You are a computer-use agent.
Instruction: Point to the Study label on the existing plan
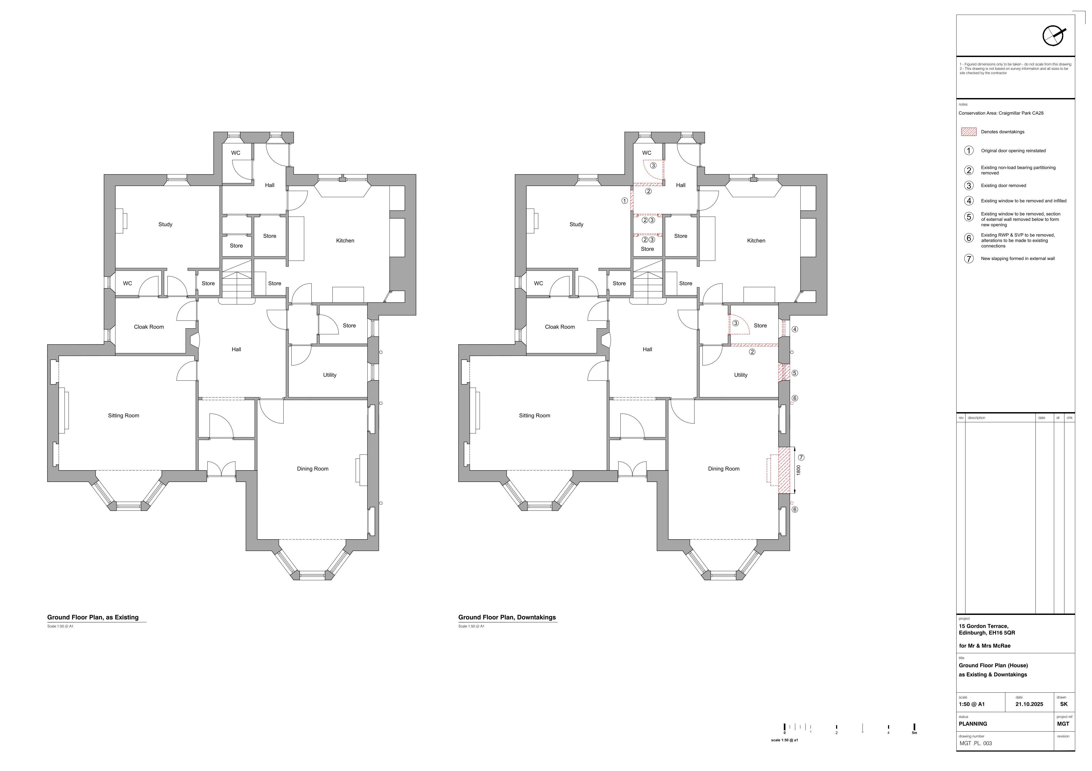tap(166, 224)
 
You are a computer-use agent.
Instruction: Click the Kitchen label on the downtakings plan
tap(756, 241)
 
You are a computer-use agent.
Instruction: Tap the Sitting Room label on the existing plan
tap(124, 415)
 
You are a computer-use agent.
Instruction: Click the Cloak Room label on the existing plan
tap(149, 327)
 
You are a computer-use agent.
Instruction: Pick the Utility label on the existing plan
tap(330, 375)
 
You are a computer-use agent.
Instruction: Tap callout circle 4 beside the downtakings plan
tap(795, 329)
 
